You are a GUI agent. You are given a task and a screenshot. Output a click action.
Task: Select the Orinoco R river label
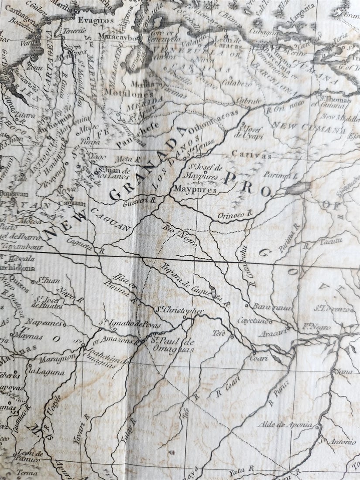[236, 213]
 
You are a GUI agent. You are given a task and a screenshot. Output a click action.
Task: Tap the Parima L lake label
[280, 175]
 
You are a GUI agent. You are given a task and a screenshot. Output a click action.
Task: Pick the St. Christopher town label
[180, 310]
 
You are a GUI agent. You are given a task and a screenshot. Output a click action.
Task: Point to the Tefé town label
[219, 333]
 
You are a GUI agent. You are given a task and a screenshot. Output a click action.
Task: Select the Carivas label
[251, 155]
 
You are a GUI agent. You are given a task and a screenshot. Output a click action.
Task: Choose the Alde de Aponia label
[285, 424]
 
